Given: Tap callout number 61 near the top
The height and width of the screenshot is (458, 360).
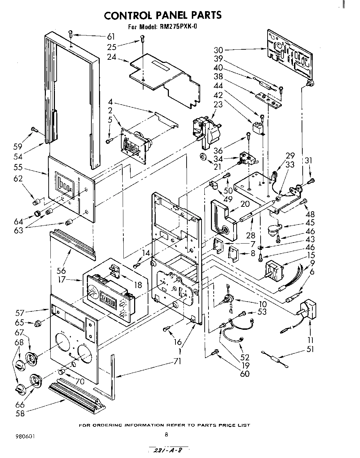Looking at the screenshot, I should [x=111, y=36].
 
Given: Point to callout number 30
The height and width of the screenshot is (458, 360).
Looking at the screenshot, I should [x=219, y=50].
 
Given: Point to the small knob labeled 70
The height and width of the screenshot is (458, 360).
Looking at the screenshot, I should [x=62, y=372].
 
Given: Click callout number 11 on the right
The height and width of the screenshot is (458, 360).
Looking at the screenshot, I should [x=310, y=340].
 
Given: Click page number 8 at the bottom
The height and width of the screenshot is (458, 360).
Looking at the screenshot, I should [x=166, y=434].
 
